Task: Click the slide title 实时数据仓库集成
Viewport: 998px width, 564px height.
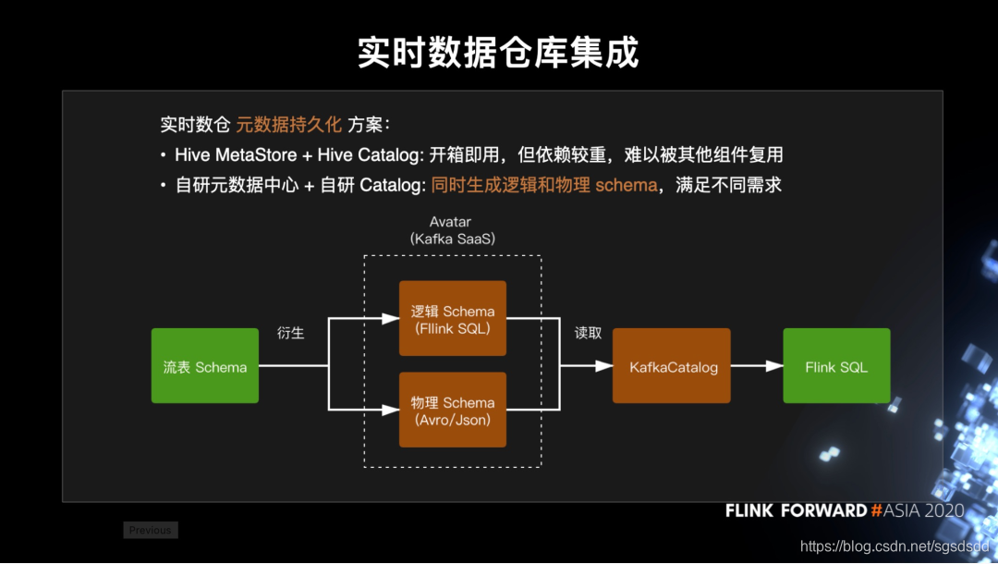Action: tap(498, 53)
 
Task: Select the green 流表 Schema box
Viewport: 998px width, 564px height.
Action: tap(205, 366)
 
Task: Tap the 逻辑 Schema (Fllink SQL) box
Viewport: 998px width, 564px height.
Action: tap(453, 319)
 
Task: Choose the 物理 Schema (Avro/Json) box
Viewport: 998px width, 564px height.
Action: tap(453, 411)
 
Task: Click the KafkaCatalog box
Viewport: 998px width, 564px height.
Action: tap(672, 366)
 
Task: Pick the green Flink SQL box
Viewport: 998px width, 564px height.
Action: tap(836, 366)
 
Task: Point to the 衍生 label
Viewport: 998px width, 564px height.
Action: tap(291, 333)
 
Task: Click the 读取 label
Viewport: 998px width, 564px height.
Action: tap(589, 333)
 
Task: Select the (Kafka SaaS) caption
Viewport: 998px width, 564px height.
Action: tap(453, 239)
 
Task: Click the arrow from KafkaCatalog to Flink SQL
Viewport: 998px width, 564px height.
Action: tap(757, 366)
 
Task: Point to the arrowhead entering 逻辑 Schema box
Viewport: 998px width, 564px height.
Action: tap(391, 319)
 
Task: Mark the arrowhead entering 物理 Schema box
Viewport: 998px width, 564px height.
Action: tap(391, 411)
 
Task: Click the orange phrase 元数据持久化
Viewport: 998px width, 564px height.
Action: tap(289, 125)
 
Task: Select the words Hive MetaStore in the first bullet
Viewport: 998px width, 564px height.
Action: tap(236, 154)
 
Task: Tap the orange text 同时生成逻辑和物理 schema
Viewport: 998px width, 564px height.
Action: tap(543, 185)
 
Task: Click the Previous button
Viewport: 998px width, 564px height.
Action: tap(151, 530)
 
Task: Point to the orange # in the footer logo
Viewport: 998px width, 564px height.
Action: tap(876, 510)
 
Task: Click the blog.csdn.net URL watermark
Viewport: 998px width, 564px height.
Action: tap(895, 546)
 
